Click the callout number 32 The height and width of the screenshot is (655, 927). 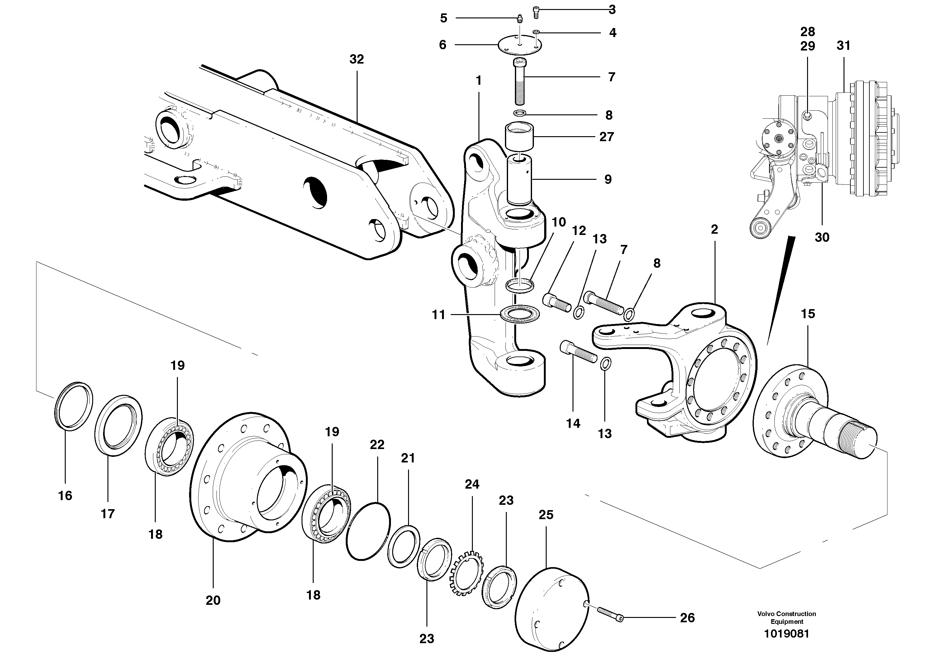point(357,60)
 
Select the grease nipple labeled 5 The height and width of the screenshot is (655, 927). point(521,19)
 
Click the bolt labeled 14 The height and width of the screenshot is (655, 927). point(578,351)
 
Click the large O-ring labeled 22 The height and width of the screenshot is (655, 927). point(368,531)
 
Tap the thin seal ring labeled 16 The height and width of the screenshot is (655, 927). point(74,405)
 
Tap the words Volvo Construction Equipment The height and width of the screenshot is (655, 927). point(786,617)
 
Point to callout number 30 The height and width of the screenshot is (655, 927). point(822,237)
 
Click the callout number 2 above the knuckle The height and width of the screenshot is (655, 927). point(714,229)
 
